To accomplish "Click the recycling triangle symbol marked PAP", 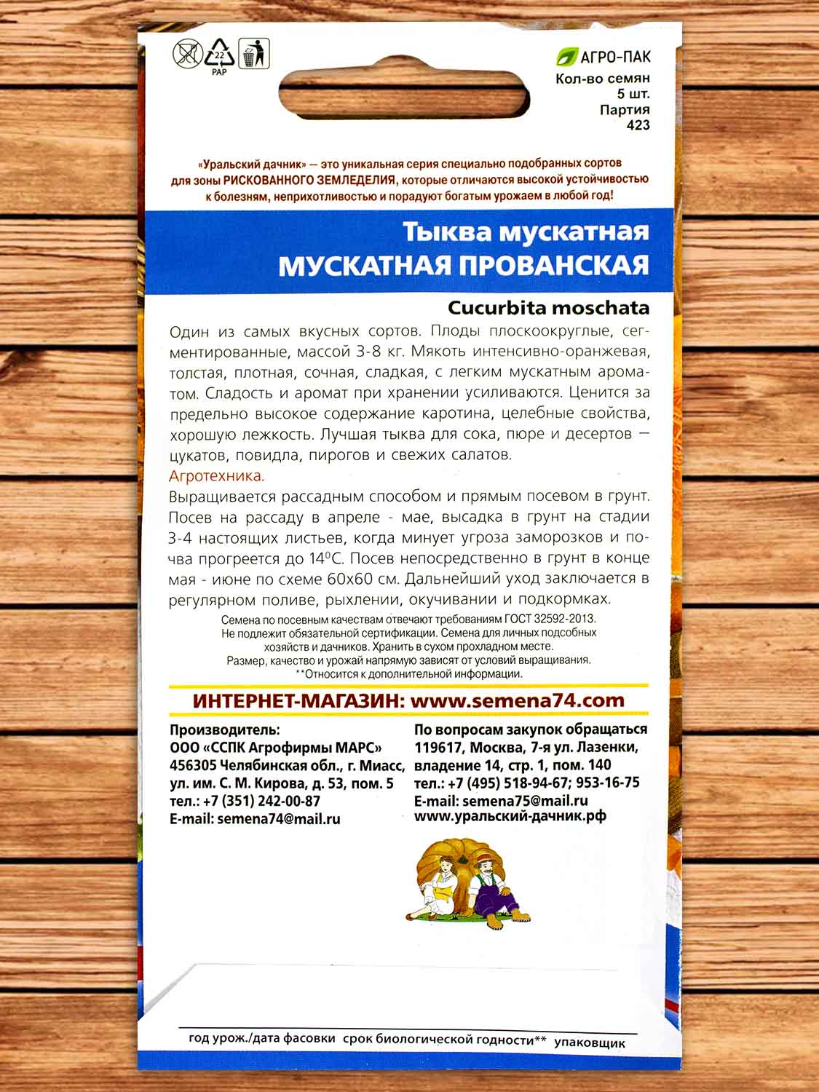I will pos(219,55).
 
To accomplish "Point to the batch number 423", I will pos(638,125).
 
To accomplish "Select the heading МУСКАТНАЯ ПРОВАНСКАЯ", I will pos(463,266).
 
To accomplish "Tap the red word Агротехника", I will pos(217,476).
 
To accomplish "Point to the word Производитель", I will pos(224,729).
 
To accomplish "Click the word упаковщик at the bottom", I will pos(589,1042).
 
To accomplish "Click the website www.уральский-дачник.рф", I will pos(510,817).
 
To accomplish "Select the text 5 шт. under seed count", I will pos(633,94).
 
